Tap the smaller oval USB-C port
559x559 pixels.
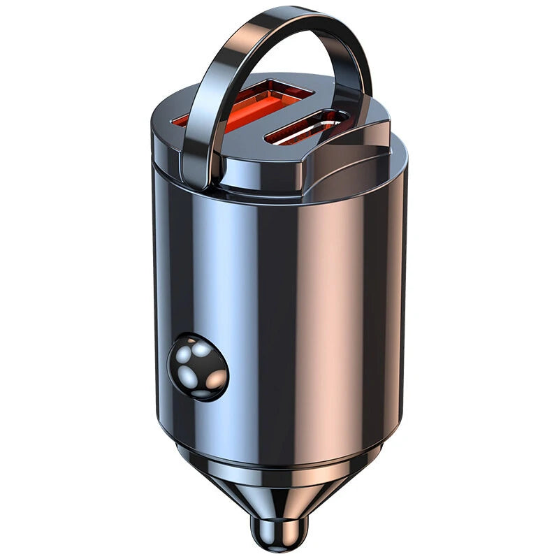pos(307,128)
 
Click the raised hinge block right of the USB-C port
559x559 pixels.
pos(356,143)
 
